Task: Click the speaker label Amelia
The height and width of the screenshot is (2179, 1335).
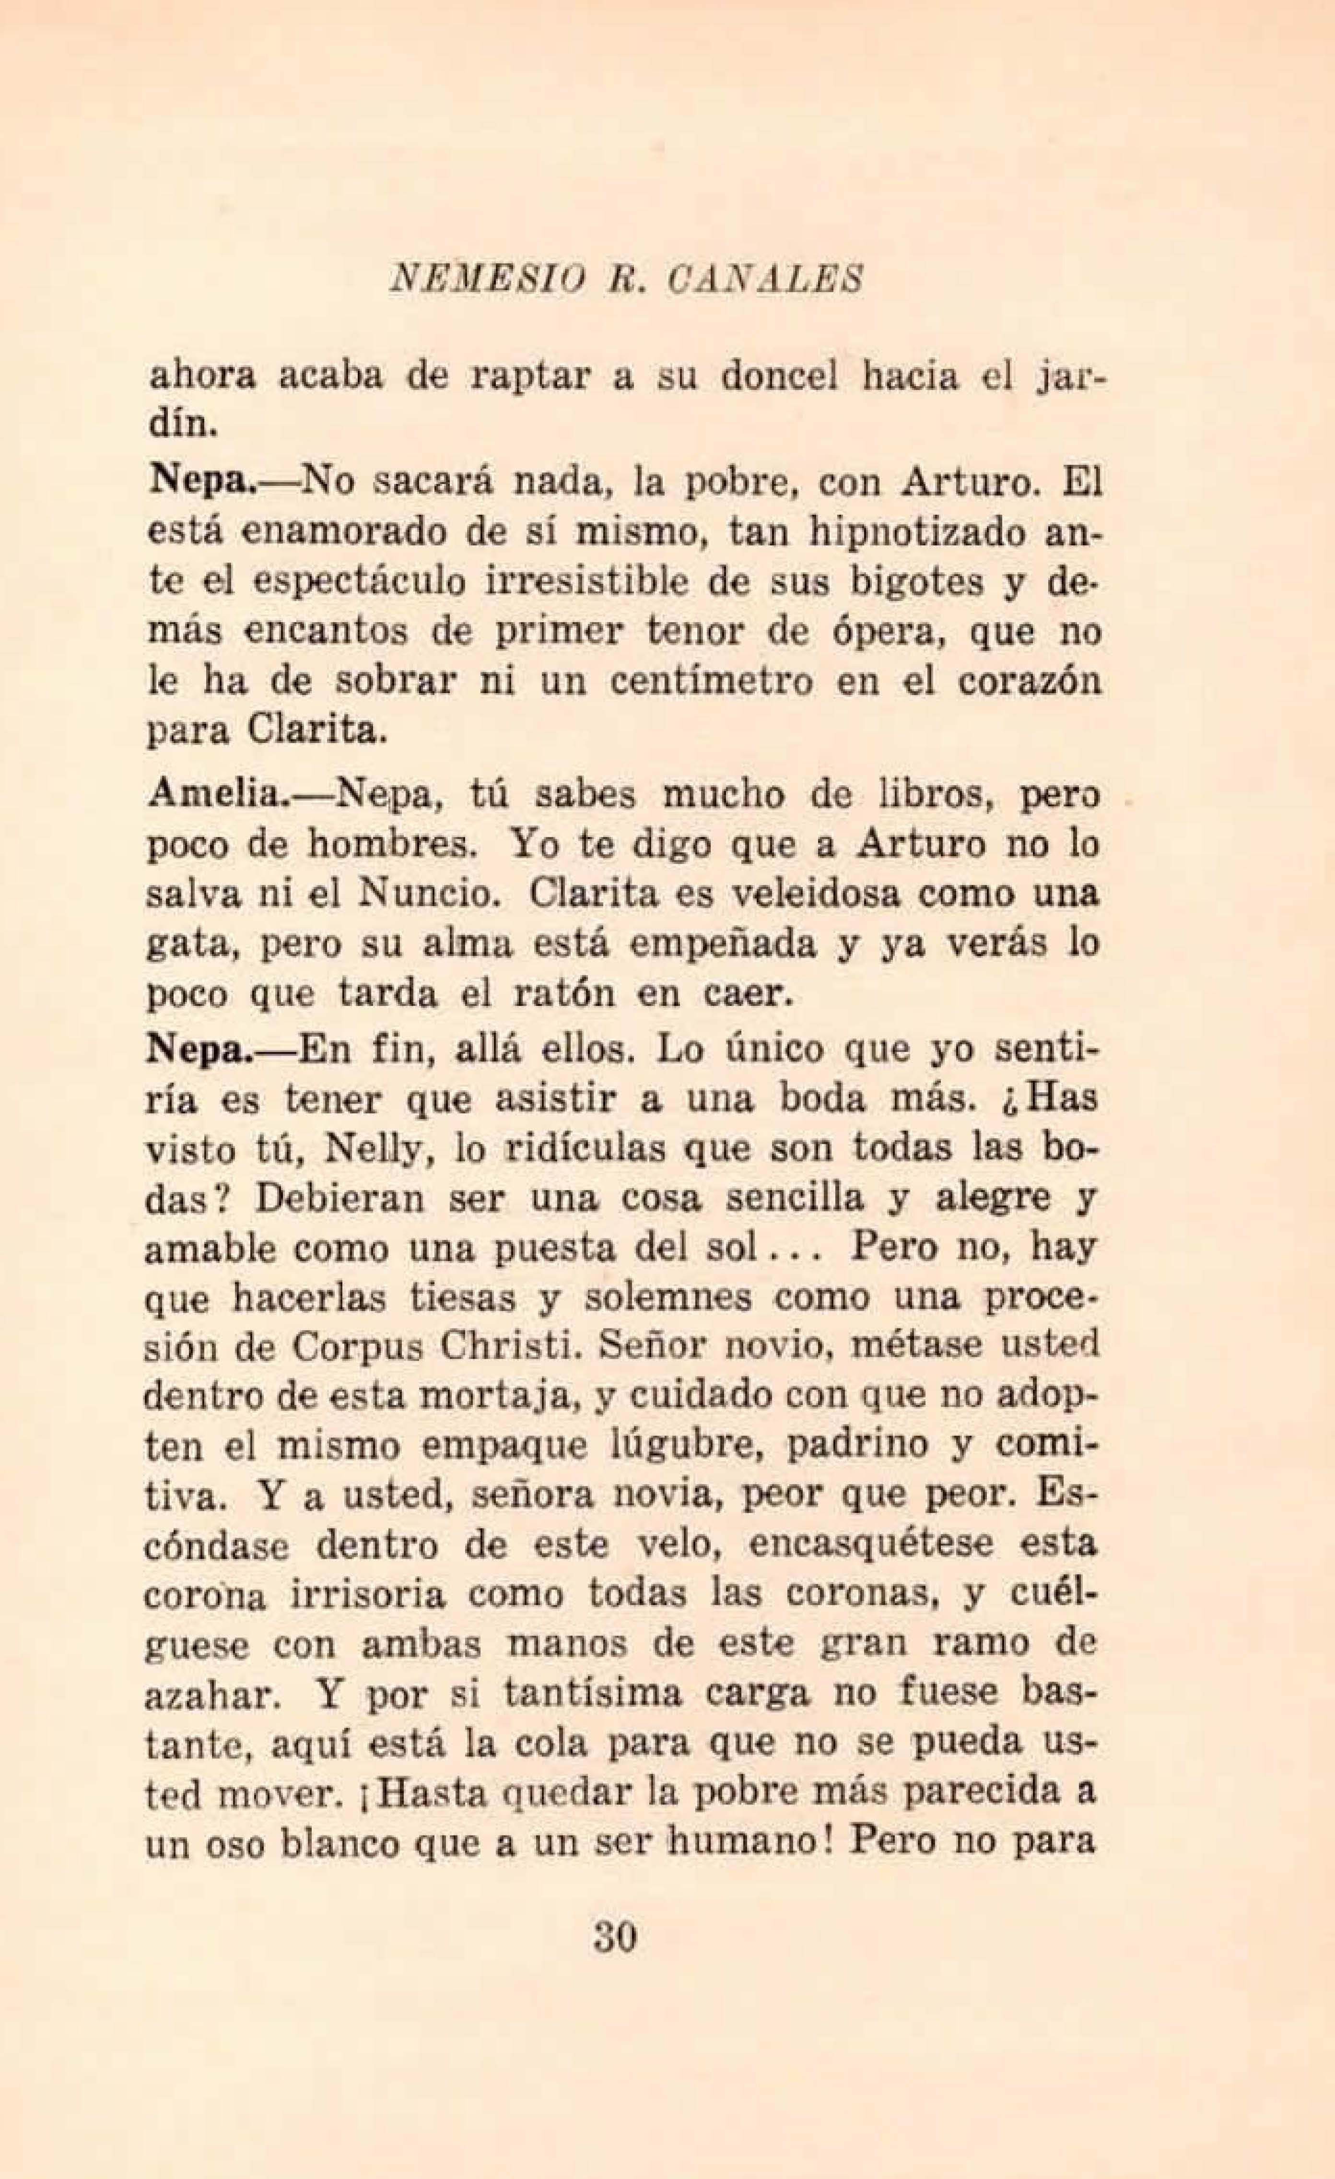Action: click(x=211, y=795)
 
